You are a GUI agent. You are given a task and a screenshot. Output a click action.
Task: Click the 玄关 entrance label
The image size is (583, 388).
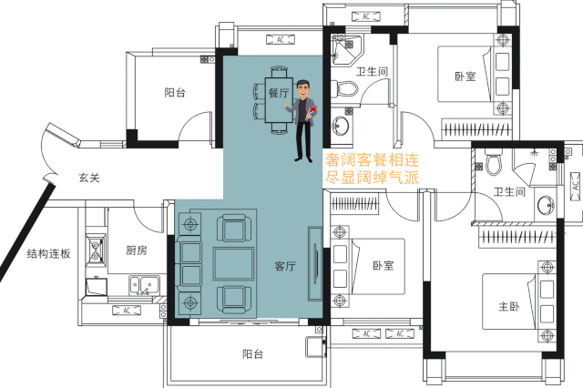coord(89,178)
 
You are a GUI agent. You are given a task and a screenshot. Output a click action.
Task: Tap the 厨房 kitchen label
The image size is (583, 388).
coord(137,250)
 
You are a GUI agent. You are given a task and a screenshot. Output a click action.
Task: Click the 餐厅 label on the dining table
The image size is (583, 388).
coord(279,93)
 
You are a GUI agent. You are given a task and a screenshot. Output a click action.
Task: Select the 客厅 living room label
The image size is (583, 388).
coord(285,266)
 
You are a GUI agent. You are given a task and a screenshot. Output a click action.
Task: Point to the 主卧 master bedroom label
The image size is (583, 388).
coord(509,307)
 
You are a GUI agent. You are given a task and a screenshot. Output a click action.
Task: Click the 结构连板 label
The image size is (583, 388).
coord(48,254)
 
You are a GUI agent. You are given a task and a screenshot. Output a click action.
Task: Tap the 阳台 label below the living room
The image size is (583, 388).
coord(253,353)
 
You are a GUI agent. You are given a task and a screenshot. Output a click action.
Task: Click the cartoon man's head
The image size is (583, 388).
coord(303,89)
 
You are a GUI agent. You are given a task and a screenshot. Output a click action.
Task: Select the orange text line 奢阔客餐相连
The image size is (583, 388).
coord(373,160)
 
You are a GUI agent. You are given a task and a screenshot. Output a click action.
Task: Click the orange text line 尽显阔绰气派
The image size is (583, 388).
coord(373,178)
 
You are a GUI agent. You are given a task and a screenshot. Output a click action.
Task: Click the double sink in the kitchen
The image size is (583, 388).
coord(145,285)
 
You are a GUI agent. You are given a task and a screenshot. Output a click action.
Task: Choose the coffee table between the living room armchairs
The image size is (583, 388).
coord(233,264)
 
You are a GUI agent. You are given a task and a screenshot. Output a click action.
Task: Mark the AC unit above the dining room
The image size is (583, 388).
coord(281,39)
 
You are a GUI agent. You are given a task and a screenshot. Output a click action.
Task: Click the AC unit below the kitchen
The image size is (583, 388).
coord(127,311)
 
